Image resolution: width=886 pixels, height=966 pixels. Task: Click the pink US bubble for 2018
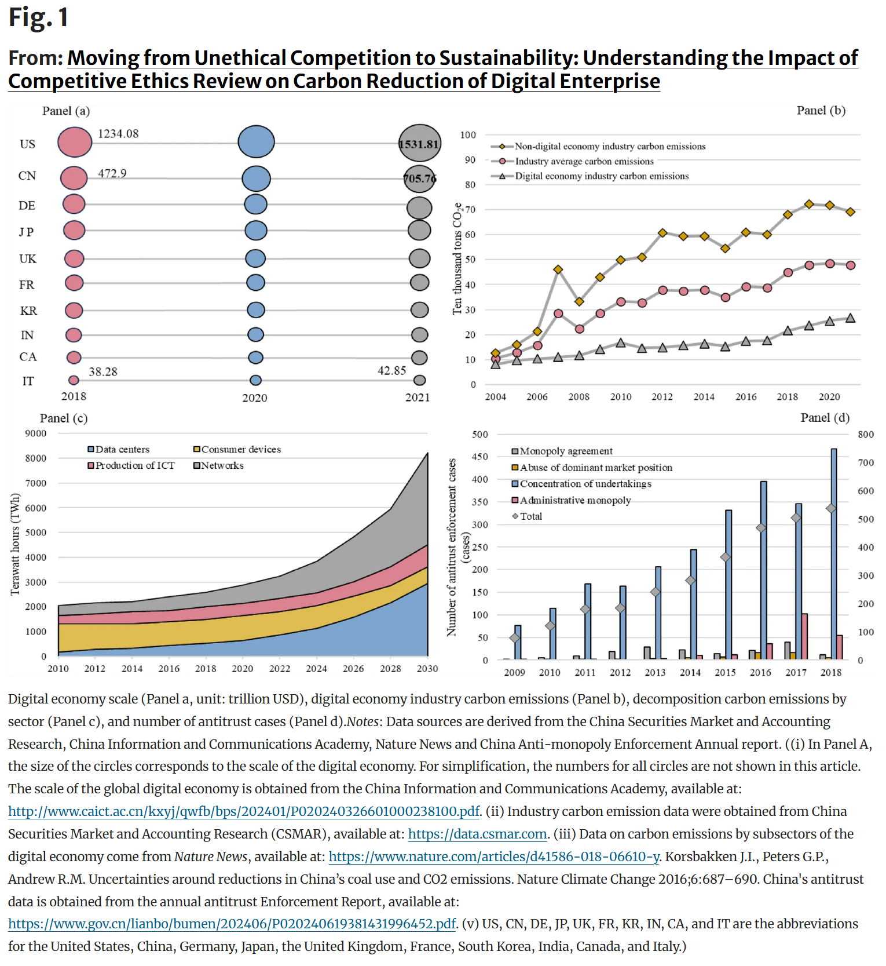(75, 142)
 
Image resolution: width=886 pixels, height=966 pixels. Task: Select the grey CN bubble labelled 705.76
(420, 178)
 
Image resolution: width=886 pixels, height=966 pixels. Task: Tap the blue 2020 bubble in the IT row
(255, 380)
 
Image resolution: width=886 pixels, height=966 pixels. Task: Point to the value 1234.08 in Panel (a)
(118, 134)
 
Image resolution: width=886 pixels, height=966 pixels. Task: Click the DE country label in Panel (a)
(27, 206)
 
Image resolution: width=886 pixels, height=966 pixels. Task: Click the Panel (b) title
(821, 111)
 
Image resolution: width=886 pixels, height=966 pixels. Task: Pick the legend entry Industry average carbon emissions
(584, 161)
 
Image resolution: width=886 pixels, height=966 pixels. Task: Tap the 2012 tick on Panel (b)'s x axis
(662, 397)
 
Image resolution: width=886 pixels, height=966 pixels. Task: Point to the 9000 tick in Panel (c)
(35, 433)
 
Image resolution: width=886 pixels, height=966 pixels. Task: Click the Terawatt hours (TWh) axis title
(16, 544)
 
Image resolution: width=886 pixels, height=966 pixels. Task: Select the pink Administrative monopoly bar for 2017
(804, 636)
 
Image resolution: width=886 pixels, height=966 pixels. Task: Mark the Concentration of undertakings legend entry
(585, 484)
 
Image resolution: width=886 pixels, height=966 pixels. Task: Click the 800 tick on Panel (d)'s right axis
(866, 435)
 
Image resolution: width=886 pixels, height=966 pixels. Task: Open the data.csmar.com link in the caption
(477, 834)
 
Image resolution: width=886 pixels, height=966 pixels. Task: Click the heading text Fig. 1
(39, 17)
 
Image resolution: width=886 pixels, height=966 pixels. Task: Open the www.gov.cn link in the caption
(232, 924)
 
